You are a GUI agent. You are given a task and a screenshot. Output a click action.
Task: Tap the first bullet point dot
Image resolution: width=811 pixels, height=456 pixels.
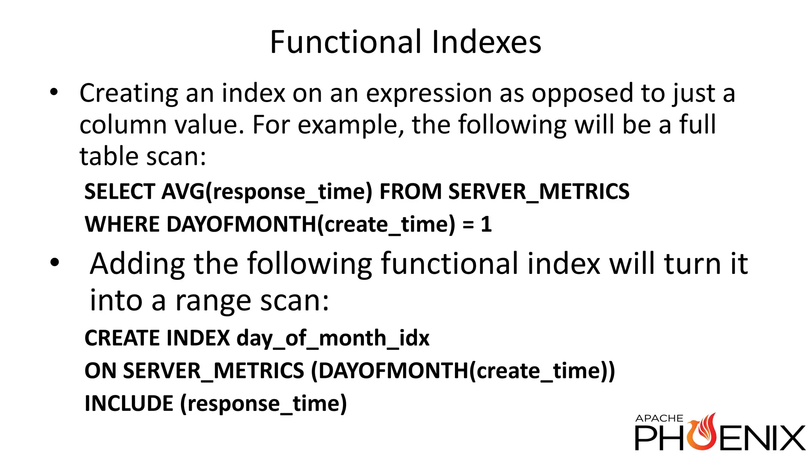coord(54,92)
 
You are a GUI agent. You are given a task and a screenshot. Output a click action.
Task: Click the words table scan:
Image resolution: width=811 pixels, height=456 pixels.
coord(143,156)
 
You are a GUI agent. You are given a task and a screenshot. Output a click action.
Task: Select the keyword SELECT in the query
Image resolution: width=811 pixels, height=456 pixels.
coord(120,192)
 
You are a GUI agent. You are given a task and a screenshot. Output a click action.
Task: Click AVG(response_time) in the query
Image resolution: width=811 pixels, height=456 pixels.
coord(267,192)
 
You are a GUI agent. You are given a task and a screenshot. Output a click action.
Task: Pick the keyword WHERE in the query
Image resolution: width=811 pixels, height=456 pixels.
coord(122,224)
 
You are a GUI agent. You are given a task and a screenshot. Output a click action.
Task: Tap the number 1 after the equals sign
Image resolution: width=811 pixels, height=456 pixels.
coord(486,224)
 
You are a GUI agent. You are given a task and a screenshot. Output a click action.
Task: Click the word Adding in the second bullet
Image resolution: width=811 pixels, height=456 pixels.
coord(137,264)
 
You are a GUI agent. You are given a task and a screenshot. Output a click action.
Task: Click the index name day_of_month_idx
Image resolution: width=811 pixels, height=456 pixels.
coord(333,338)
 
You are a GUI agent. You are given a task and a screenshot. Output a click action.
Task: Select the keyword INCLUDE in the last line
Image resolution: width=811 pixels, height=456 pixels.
coord(129,403)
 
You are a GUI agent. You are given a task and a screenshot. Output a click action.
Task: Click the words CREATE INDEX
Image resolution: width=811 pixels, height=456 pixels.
coord(157,338)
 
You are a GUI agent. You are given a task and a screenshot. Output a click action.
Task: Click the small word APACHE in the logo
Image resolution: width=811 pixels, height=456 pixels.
coord(659,418)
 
